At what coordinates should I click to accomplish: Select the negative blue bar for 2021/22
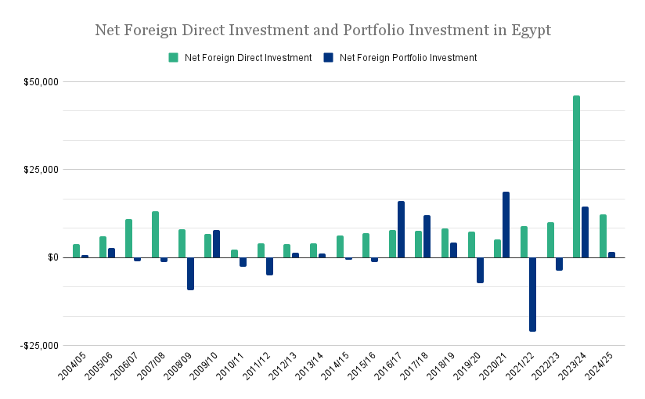[532, 294]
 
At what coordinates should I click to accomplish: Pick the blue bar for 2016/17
[401, 229]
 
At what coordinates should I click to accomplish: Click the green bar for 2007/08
[155, 234]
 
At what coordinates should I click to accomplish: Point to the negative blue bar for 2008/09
[190, 273]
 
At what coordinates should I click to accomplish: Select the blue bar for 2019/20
[480, 270]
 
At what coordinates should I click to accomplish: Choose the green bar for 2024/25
[603, 235]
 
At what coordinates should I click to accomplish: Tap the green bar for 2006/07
[128, 238]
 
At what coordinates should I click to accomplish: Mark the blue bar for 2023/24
[585, 232]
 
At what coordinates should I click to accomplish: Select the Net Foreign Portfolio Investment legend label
[408, 58]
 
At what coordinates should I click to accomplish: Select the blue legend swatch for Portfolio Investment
[328, 58]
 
